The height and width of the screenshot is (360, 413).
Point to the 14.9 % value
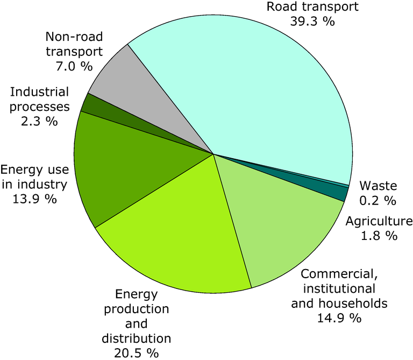339,317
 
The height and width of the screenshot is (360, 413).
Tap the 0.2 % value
378,201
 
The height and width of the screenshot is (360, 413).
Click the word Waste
378,187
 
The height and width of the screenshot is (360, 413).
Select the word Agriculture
379,221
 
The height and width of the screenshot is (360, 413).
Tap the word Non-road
74,38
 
